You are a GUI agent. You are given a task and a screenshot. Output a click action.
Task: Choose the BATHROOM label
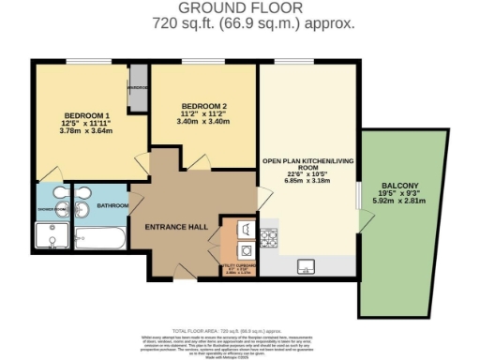[x=112, y=203]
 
